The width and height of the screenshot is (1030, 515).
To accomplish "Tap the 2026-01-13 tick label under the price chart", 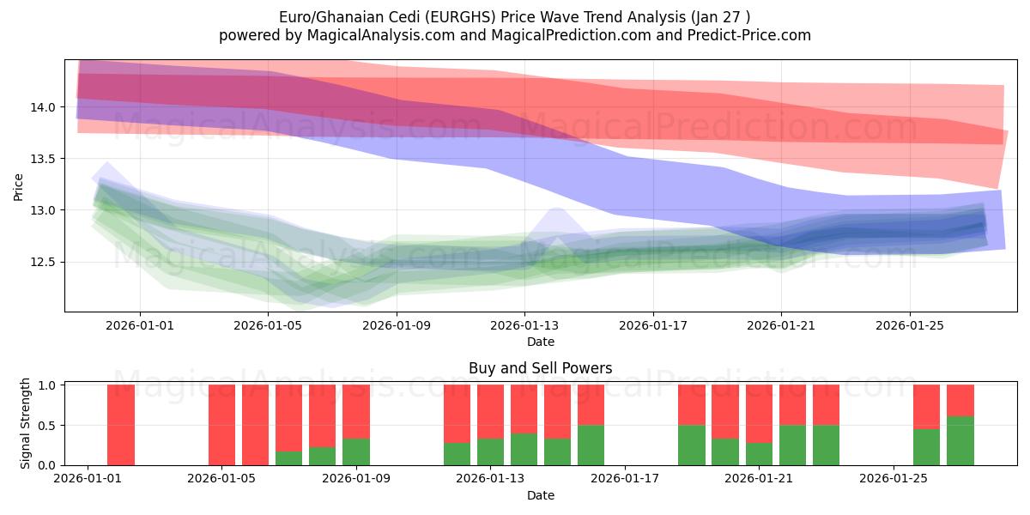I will point(524,325).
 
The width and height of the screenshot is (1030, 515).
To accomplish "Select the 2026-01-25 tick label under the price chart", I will point(910,325).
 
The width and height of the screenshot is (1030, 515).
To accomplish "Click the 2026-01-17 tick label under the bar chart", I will point(625,479).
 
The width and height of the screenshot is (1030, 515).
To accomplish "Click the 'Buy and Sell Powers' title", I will point(540,368).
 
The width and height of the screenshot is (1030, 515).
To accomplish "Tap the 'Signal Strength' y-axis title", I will point(26,423).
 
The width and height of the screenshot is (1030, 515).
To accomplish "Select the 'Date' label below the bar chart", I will point(540,495).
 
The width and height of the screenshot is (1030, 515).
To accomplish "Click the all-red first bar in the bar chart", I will point(121,425).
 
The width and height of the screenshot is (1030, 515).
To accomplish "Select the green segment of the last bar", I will point(960,440).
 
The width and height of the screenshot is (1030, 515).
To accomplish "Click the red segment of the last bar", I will point(960,400).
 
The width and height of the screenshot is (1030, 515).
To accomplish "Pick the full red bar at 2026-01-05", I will point(221,425).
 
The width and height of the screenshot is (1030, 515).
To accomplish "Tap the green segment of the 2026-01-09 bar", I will point(356,451).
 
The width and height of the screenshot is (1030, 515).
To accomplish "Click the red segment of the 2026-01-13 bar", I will point(491,411).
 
